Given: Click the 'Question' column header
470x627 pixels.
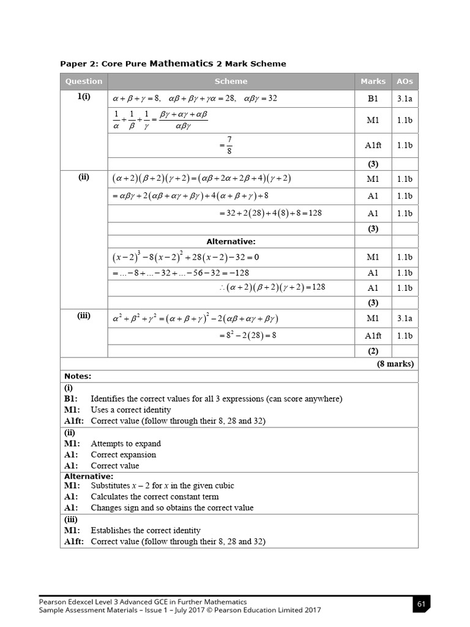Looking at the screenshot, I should coord(84,81).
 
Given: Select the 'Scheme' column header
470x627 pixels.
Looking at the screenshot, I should coord(231,81).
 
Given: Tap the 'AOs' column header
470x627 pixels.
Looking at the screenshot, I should coord(405,81).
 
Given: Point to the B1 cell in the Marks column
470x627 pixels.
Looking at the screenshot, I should coord(373,98).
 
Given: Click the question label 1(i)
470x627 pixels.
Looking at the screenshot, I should coord(84,97).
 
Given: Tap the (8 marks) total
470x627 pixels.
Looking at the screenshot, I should coord(395,364).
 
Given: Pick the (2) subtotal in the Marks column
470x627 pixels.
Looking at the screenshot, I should coord(373,351).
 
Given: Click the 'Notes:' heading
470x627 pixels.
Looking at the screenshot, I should coord(78,376).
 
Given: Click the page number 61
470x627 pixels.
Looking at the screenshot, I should coord(421,605).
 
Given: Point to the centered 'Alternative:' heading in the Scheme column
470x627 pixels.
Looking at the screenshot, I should coord(231,242).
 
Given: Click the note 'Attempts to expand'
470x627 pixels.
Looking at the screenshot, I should coord(125,443).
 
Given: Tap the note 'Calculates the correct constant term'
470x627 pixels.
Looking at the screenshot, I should coord(154,497).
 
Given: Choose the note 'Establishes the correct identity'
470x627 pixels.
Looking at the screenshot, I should coord(145,530).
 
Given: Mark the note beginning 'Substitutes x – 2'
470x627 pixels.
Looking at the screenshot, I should coord(162,486).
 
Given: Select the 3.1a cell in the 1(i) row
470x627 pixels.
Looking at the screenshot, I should coord(405,98).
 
